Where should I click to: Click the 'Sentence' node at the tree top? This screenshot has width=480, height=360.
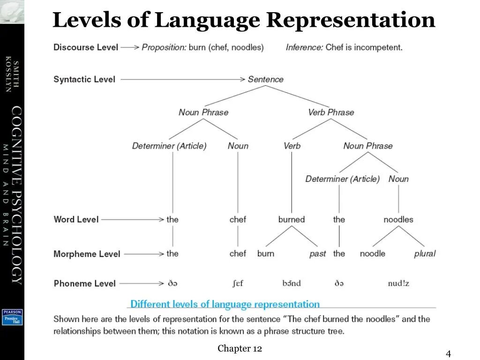point(265,79)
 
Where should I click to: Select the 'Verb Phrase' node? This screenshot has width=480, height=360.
point(331,112)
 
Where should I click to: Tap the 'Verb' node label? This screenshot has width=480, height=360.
point(292,146)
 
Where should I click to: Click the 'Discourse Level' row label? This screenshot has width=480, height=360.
point(86,47)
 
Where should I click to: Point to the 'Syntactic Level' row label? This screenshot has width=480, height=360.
point(84,79)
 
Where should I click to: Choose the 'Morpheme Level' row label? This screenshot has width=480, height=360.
point(87,254)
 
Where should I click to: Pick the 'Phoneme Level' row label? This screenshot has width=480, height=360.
point(84,284)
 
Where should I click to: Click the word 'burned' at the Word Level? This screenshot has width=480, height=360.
point(292,219)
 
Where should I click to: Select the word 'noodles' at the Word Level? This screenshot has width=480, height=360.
point(398,219)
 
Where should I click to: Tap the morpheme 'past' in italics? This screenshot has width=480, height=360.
point(317,254)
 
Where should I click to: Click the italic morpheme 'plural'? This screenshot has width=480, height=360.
point(425,254)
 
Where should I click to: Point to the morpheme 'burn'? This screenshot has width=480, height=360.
point(266,254)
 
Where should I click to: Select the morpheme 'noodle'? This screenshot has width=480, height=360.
point(373,254)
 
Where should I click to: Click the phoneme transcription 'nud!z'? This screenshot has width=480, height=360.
point(398,284)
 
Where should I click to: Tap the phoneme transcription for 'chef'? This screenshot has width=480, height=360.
point(238,284)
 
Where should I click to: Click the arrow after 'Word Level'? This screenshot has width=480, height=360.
point(133,219)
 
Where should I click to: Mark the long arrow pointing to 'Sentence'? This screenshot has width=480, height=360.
point(183,79)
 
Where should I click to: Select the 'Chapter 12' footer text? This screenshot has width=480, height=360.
point(240,348)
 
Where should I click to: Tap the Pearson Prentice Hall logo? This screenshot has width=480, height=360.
point(12,317)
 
